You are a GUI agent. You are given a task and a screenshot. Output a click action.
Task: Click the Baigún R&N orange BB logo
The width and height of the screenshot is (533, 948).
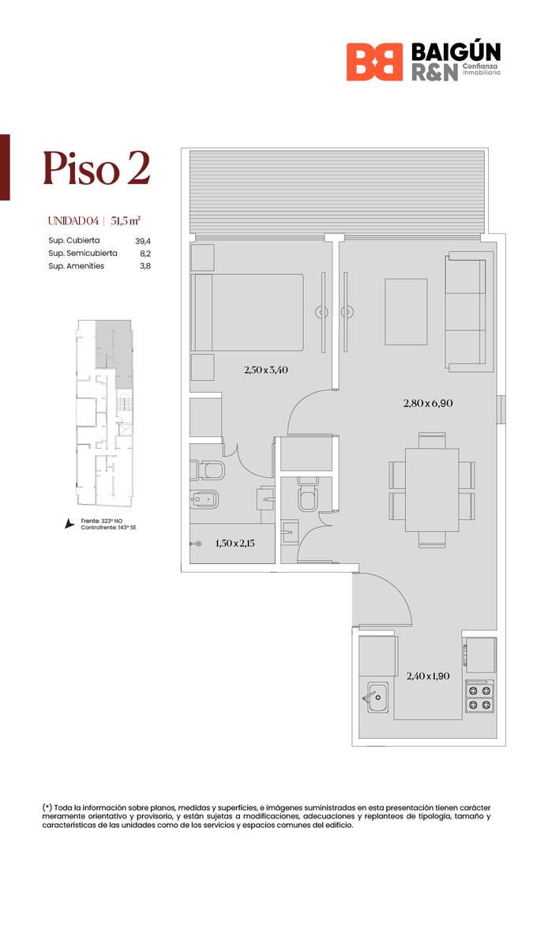tap(374, 62)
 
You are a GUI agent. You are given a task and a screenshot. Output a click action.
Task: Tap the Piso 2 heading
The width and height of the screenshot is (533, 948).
tap(96, 168)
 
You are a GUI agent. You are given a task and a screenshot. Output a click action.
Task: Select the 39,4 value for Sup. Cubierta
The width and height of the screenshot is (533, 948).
tap(143, 241)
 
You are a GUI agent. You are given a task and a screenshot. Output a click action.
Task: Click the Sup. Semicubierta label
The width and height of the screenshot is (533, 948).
tap(83, 253)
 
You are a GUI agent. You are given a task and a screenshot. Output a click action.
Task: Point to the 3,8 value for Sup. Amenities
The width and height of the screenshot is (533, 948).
tap(145, 265)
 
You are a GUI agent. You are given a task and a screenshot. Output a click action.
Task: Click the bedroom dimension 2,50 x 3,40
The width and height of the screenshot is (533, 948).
tap(266, 370)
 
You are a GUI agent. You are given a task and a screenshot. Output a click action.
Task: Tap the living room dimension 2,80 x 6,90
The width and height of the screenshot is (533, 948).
tap(428, 404)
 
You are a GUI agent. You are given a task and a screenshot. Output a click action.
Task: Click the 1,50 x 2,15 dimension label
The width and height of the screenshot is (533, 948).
tap(235, 544)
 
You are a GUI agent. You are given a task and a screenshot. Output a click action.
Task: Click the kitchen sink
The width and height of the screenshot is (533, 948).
tap(377, 697)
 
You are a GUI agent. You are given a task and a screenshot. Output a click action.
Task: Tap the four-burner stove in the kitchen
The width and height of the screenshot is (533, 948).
tap(480, 697)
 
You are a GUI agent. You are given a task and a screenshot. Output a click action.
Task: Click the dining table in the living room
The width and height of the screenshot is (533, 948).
tap(432, 490)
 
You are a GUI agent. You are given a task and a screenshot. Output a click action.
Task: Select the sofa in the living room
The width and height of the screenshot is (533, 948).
tap(469, 312)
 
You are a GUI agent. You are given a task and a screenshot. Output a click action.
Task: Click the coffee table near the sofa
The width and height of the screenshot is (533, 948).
tap(406, 311)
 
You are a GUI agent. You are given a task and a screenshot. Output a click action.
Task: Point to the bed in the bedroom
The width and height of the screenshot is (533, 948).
tap(247, 312)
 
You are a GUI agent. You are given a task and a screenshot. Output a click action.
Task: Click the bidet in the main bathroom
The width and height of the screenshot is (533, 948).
tap(204, 499)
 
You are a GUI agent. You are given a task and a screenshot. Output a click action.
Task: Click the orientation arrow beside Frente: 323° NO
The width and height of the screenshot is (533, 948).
tap(69, 524)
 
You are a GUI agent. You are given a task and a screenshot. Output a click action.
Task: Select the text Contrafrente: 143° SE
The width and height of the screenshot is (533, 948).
tap(109, 528)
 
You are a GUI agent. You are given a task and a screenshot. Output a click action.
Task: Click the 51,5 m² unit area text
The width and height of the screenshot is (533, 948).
tap(126, 221)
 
